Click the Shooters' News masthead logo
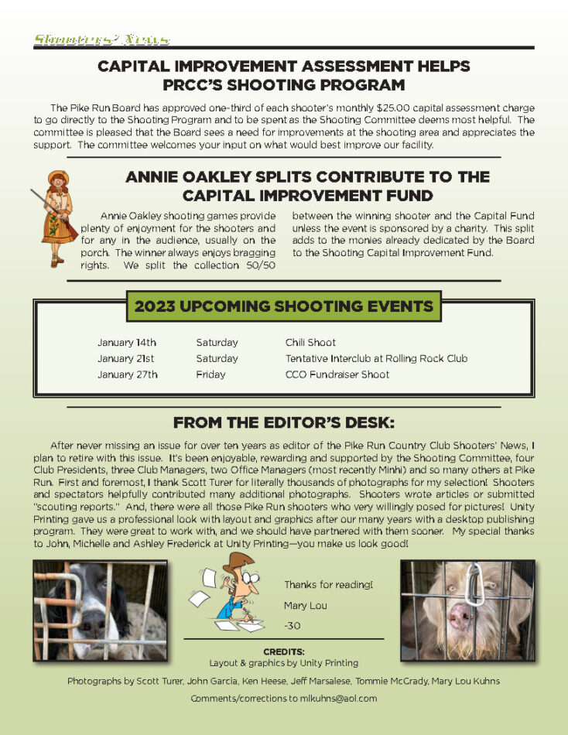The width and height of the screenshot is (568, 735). tap(101, 39)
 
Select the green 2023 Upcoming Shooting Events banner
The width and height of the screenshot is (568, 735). tap(283, 306)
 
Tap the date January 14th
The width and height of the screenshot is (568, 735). tap(127, 342)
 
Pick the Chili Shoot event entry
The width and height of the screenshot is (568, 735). tap(310, 342)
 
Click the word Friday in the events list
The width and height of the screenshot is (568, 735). tap(210, 374)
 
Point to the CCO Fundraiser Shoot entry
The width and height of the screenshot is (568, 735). tap(337, 374)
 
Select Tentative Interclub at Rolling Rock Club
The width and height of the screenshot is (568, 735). tap(376, 358)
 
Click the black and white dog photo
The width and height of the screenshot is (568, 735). tap(100, 610)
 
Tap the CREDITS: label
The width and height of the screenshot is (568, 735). tap(283, 651)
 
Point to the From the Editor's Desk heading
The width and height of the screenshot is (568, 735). tap(283, 422)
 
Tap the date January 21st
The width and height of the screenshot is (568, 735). tap(125, 358)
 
